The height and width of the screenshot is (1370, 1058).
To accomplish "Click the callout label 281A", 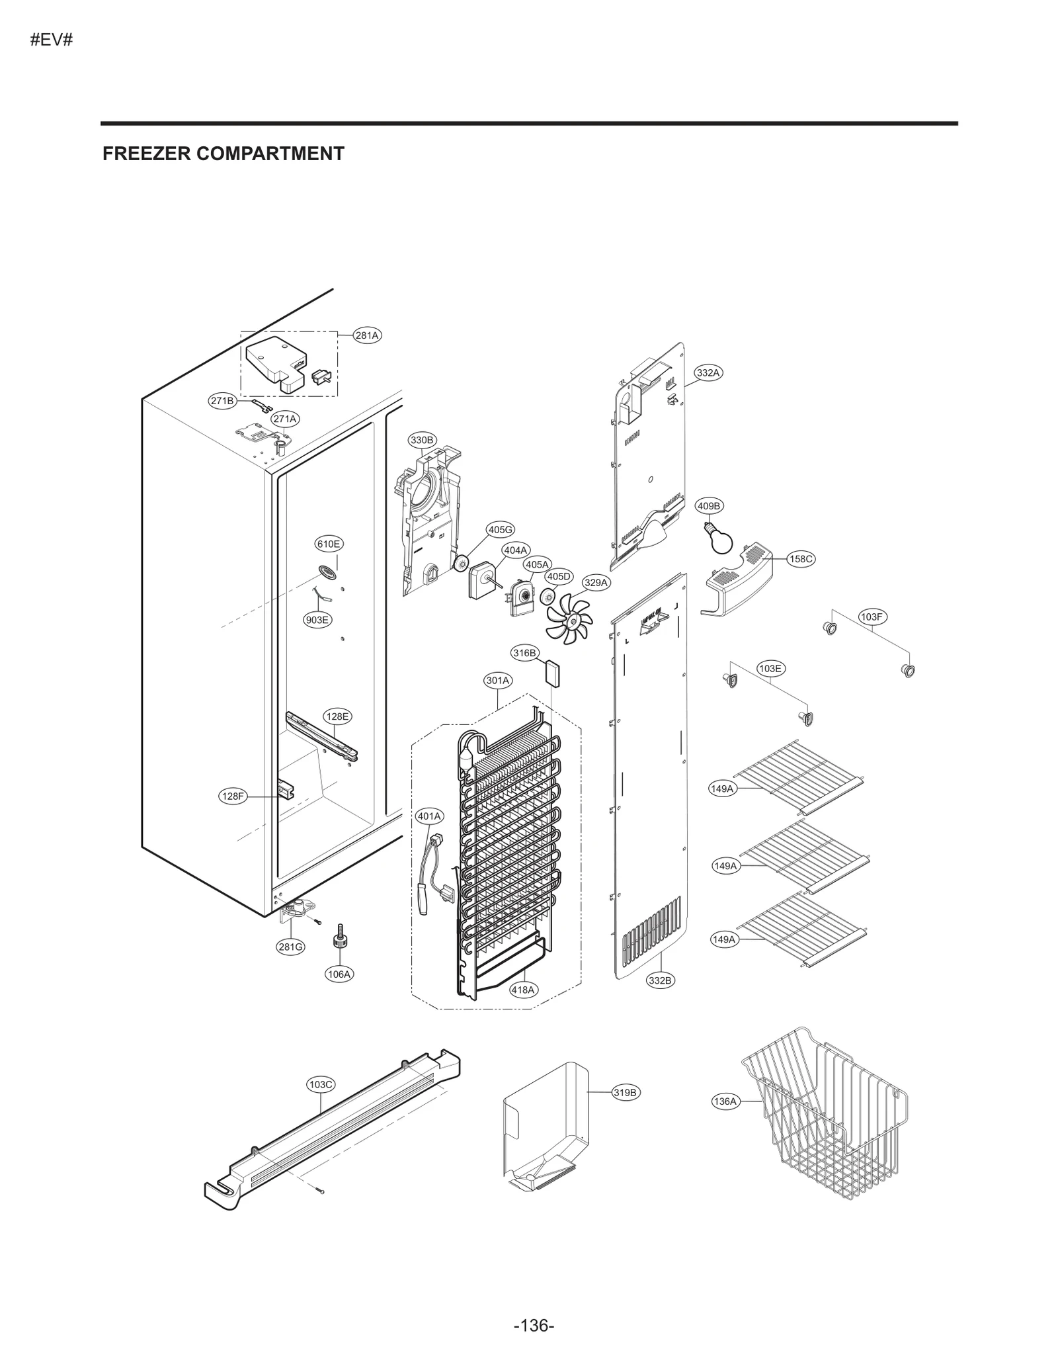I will (x=367, y=335).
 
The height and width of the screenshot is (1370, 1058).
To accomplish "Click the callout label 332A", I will (x=708, y=372).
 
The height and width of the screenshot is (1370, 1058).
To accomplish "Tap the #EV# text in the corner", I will (x=51, y=40).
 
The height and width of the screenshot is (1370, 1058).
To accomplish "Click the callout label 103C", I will (x=321, y=1084).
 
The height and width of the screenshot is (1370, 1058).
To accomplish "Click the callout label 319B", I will (x=624, y=1092).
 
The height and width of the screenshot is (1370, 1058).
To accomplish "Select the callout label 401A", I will (x=429, y=816).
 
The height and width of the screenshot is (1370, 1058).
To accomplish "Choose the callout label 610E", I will (x=329, y=544).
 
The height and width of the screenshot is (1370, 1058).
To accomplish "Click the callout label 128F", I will (x=233, y=796).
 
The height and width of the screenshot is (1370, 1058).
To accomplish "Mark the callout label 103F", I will (x=872, y=617).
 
